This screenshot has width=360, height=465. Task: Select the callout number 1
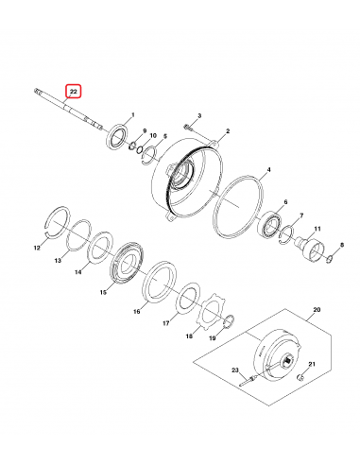(131, 113)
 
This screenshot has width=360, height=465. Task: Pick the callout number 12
(37, 249)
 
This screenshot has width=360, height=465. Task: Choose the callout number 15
(103, 292)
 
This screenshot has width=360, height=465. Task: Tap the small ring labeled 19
(229, 320)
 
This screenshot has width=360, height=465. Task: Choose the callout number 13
(58, 260)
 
